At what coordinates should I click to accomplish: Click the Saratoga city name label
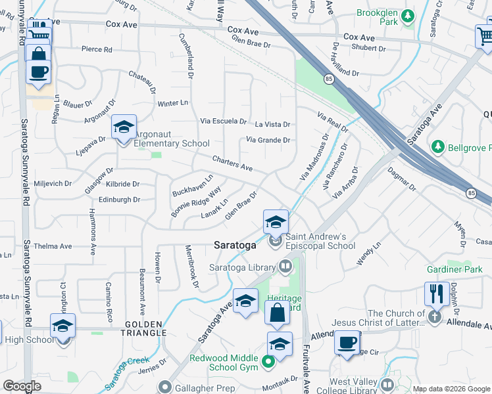[x=235, y=245]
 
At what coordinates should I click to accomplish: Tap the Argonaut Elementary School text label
[x=172, y=143]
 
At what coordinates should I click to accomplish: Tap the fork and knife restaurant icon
[x=436, y=294]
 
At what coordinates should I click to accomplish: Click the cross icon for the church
[x=433, y=317]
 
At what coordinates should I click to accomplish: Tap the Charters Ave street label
[x=232, y=164]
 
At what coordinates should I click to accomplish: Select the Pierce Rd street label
[x=97, y=49]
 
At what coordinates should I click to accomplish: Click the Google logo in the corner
[x=22, y=386]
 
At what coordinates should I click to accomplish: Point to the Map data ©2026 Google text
[x=450, y=389]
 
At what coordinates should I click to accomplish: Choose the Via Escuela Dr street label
[x=223, y=121]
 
